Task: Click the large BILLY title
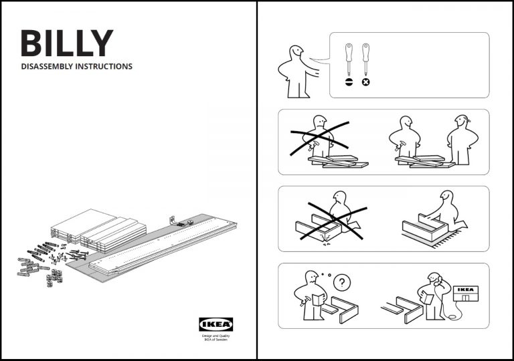pos(66,43)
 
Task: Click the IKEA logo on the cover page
pos(216,324)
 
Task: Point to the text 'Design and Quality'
pos(216,336)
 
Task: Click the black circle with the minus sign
pos(349,82)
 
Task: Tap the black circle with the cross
pos(365,82)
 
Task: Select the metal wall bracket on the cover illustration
pos(173,219)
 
